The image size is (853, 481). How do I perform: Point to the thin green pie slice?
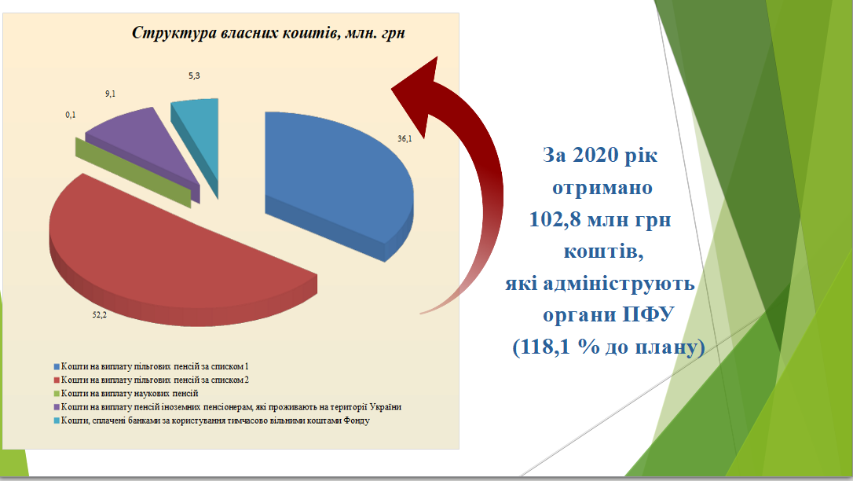tap(134, 171)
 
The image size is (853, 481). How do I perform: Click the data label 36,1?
tap(405, 139)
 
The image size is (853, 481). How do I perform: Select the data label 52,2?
tap(100, 314)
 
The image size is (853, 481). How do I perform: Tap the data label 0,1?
tap(71, 115)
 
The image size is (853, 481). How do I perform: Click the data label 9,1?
tap(111, 94)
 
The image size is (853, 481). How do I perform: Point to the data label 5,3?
tap(194, 75)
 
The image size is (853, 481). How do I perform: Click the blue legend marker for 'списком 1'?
tap(57, 367)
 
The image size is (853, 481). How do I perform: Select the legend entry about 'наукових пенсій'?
tap(126, 394)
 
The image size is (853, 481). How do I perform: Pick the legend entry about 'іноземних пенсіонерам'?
tap(228, 407)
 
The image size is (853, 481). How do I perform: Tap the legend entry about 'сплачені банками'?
tap(211, 420)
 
